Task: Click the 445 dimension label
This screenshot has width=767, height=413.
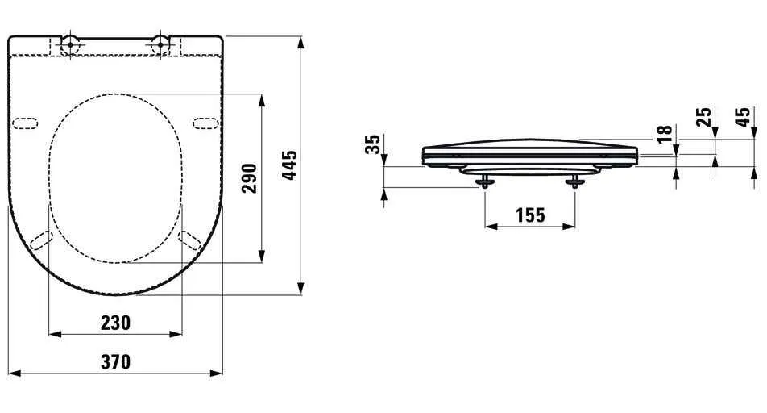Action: point(291,165)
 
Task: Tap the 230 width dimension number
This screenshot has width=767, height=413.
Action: point(115,323)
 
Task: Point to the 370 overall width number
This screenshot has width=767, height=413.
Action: point(115,362)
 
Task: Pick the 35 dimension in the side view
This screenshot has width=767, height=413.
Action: point(372,144)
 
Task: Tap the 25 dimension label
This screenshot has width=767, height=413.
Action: point(704,117)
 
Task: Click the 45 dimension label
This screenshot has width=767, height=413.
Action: point(744,117)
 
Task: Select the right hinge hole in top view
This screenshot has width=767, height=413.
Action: point(161,44)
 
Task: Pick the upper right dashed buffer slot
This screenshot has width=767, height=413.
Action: point(206,123)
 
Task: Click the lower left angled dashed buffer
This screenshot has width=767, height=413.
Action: point(41,240)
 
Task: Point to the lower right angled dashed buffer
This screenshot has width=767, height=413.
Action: point(190,240)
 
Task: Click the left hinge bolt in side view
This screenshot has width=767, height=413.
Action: point(483,182)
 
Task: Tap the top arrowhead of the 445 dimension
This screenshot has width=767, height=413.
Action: point(301,40)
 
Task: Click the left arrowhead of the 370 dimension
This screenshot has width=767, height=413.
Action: point(14,374)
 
